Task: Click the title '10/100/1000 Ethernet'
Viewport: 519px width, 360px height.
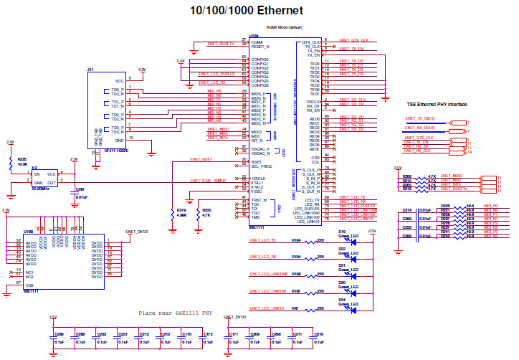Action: tap(245, 10)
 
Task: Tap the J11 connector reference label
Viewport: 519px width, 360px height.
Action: tap(90, 70)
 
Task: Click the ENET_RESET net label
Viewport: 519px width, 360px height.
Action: tap(201, 158)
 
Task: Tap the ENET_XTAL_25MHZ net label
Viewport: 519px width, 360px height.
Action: tap(208, 180)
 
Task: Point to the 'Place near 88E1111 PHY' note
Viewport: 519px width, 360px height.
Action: tap(176, 313)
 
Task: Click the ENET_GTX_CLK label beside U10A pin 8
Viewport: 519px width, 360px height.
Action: tap(354, 40)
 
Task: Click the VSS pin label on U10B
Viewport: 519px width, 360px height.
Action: tap(28, 285)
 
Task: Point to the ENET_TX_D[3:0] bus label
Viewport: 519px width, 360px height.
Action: tap(419, 117)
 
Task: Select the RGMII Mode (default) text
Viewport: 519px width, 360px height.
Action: tap(284, 27)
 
